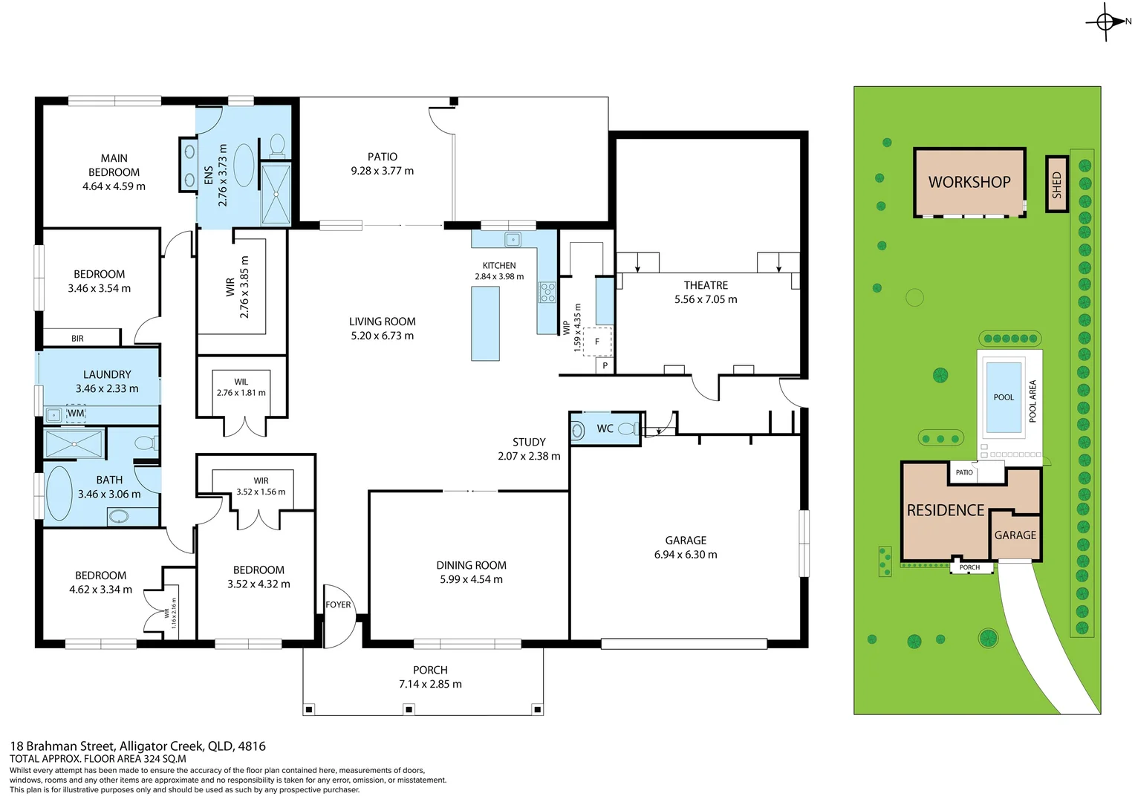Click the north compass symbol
click(1105, 22)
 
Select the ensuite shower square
click(276, 194)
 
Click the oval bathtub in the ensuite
click(244, 165)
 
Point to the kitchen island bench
click(485, 324)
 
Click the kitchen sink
click(513, 240)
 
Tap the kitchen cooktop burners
click(547, 292)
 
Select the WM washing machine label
click(76, 414)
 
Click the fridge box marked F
click(597, 342)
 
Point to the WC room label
click(605, 428)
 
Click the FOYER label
click(338, 604)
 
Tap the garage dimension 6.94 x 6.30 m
click(686, 555)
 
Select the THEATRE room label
click(706, 285)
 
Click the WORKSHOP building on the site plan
click(969, 182)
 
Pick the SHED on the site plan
click(1056, 184)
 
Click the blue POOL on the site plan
click(1003, 397)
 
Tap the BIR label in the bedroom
click(77, 339)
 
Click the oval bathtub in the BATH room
click(59, 493)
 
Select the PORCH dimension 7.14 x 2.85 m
click(430, 684)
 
